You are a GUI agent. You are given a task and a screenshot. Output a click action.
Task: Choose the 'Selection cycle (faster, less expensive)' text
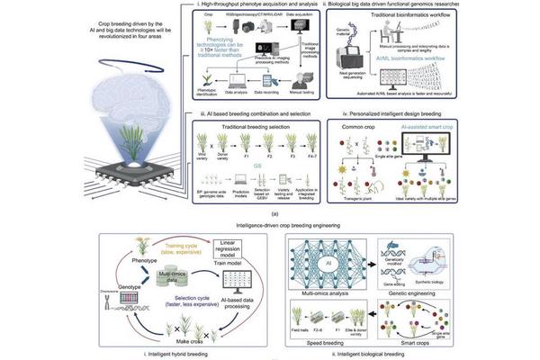(x=163, y=298)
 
